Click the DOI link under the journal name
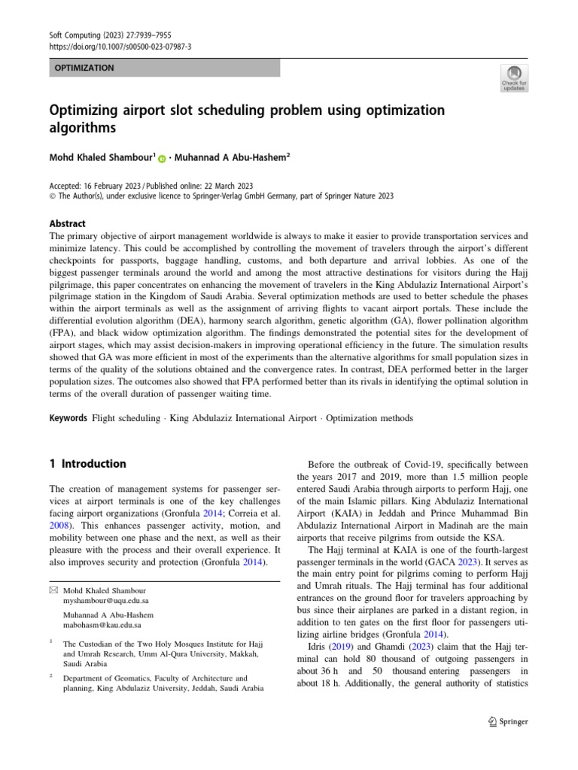120,47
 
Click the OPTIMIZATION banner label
84,68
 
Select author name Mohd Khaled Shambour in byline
101,159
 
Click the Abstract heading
67,223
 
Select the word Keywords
68,417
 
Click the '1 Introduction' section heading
87,464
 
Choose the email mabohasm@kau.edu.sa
102,625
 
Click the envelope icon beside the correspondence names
53,591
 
